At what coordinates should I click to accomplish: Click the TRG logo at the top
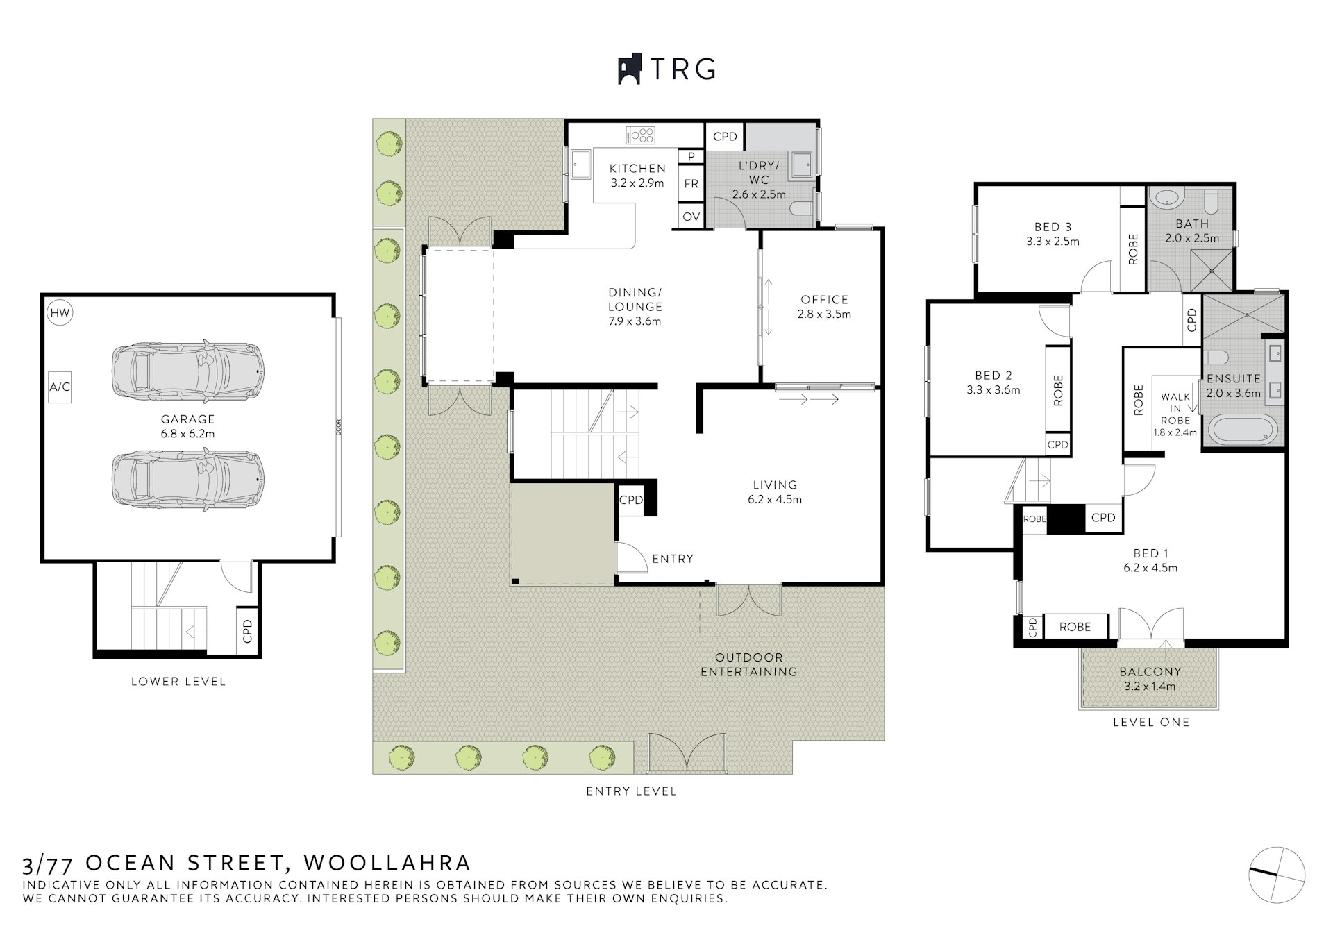666,69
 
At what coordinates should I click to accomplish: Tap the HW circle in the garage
60,313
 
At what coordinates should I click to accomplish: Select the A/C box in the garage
60,387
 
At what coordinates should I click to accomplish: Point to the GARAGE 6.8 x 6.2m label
187,426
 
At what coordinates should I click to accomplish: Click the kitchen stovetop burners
641,135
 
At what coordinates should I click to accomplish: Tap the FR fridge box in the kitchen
691,184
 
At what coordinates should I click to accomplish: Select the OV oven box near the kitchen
691,217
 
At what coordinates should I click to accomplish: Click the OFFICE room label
824,306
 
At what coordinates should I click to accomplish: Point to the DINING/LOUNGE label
635,306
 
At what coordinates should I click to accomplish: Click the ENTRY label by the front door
672,559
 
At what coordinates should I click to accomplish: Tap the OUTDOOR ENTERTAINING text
748,664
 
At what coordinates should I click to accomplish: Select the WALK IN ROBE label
1175,408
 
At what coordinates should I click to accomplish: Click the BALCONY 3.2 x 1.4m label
1150,679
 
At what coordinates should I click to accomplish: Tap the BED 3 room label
1053,234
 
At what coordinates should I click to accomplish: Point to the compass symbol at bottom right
1277,874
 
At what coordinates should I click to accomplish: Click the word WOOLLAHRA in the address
387,863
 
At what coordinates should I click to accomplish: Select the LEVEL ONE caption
1150,722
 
